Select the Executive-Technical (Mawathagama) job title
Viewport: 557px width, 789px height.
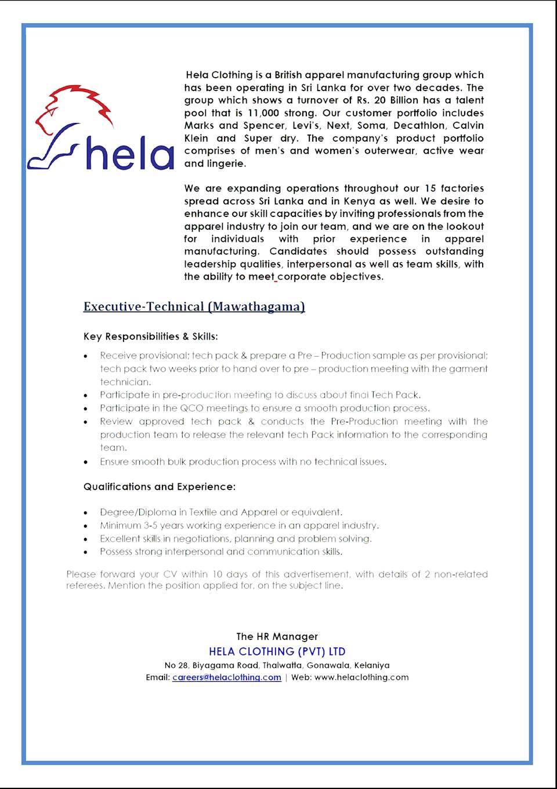(194, 306)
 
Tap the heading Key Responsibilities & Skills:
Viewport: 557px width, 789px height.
(150, 336)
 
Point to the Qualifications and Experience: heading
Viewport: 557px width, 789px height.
(160, 487)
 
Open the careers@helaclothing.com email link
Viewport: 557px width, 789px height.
(226, 677)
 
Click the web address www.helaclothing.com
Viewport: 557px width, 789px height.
(361, 677)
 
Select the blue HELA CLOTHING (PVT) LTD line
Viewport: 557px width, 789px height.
(277, 652)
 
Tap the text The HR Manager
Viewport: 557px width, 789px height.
(277, 636)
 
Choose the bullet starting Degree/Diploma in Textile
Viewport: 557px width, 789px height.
(221, 512)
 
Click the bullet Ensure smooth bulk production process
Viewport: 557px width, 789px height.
(243, 462)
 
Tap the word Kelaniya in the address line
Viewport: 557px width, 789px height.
(372, 665)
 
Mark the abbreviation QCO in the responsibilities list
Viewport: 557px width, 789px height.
(191, 408)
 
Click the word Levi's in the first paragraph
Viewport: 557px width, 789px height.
(305, 125)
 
